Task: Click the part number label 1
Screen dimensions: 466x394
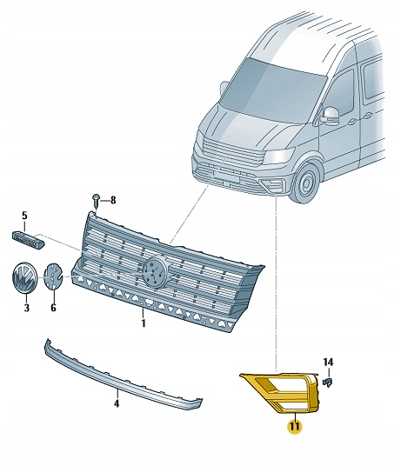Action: [144, 323]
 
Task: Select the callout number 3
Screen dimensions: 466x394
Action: [26, 308]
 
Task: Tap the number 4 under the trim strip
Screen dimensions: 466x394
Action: [117, 403]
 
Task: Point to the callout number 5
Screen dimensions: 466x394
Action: [24, 215]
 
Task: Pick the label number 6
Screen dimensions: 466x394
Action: [53, 307]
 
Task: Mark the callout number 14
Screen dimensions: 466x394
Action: [328, 361]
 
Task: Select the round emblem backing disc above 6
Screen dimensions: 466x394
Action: [54, 277]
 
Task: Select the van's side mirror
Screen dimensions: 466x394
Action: [331, 116]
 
